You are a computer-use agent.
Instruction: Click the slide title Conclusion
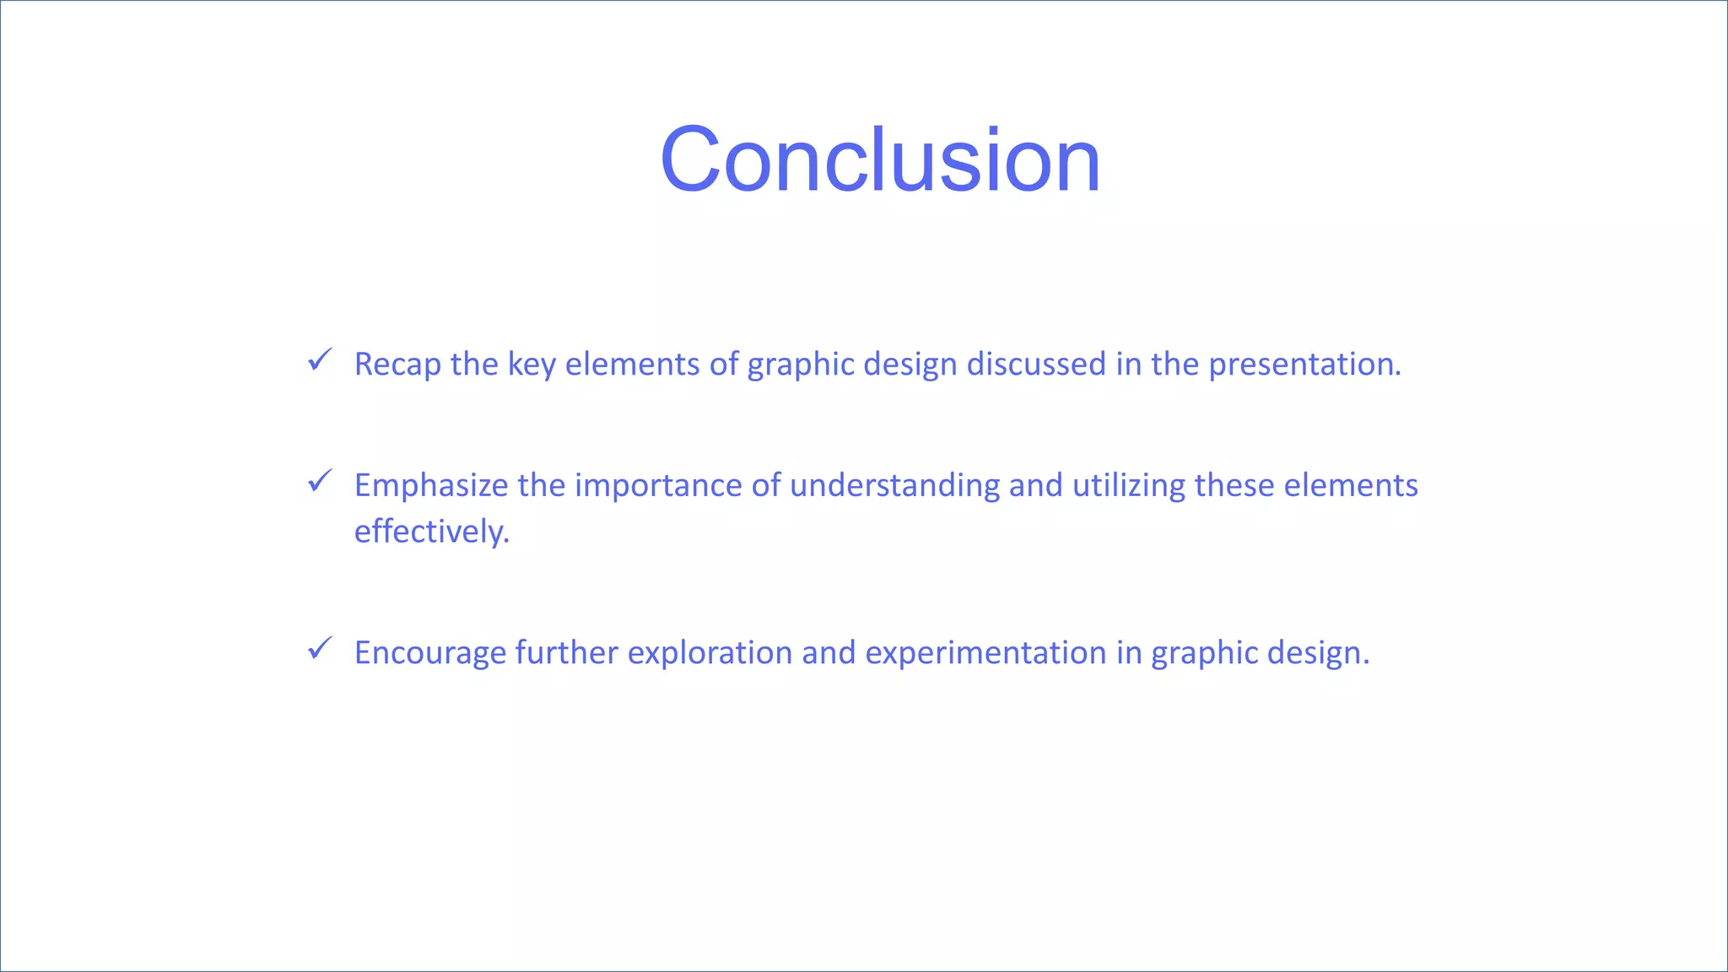880,160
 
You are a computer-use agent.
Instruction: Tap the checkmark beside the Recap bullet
320,360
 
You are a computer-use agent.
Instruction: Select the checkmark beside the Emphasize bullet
320,482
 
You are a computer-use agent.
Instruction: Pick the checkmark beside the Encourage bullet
320,649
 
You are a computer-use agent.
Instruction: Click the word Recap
397,364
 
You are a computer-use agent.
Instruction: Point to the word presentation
1304,364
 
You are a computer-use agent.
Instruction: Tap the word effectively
431,532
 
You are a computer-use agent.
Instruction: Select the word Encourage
429,653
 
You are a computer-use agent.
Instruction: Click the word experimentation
985,653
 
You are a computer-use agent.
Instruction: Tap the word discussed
1036,364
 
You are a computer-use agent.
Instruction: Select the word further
566,653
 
